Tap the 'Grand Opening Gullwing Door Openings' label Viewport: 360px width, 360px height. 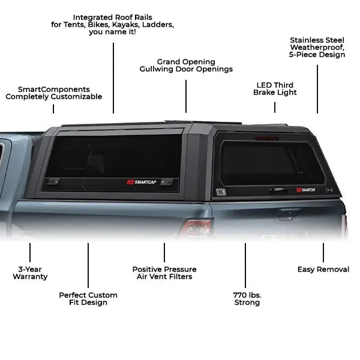coord(186,65)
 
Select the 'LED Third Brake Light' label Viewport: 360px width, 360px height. coord(275,89)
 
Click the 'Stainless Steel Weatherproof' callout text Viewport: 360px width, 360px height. coord(317,47)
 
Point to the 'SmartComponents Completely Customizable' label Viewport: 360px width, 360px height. coord(54,92)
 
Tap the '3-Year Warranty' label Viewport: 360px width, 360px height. coord(30,273)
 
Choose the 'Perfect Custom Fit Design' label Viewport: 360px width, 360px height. coord(88,299)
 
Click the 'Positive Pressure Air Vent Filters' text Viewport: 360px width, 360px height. coord(164,273)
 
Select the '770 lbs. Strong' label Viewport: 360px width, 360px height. coord(247,299)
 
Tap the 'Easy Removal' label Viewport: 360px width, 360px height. coord(323,269)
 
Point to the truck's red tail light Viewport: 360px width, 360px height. coord(196,228)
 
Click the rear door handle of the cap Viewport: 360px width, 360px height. coord(277,190)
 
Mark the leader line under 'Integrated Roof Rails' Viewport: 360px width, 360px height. coord(113,75)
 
